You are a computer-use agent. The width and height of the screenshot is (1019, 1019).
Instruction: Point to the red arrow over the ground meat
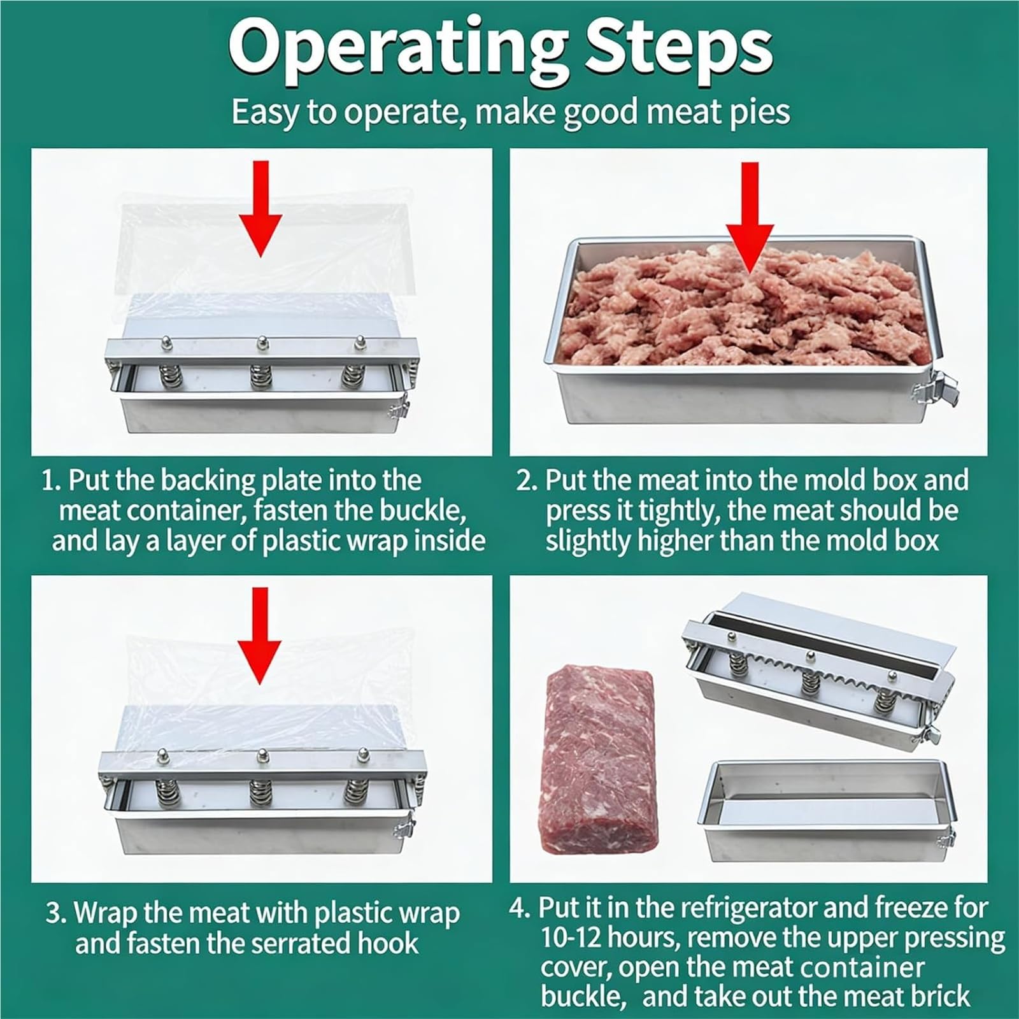tap(752, 217)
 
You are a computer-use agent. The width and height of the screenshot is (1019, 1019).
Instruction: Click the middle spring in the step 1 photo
tap(260, 376)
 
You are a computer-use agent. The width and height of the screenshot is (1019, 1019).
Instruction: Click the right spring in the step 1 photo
tap(352, 376)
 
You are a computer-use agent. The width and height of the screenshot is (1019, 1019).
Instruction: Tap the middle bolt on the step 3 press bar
tap(260, 756)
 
